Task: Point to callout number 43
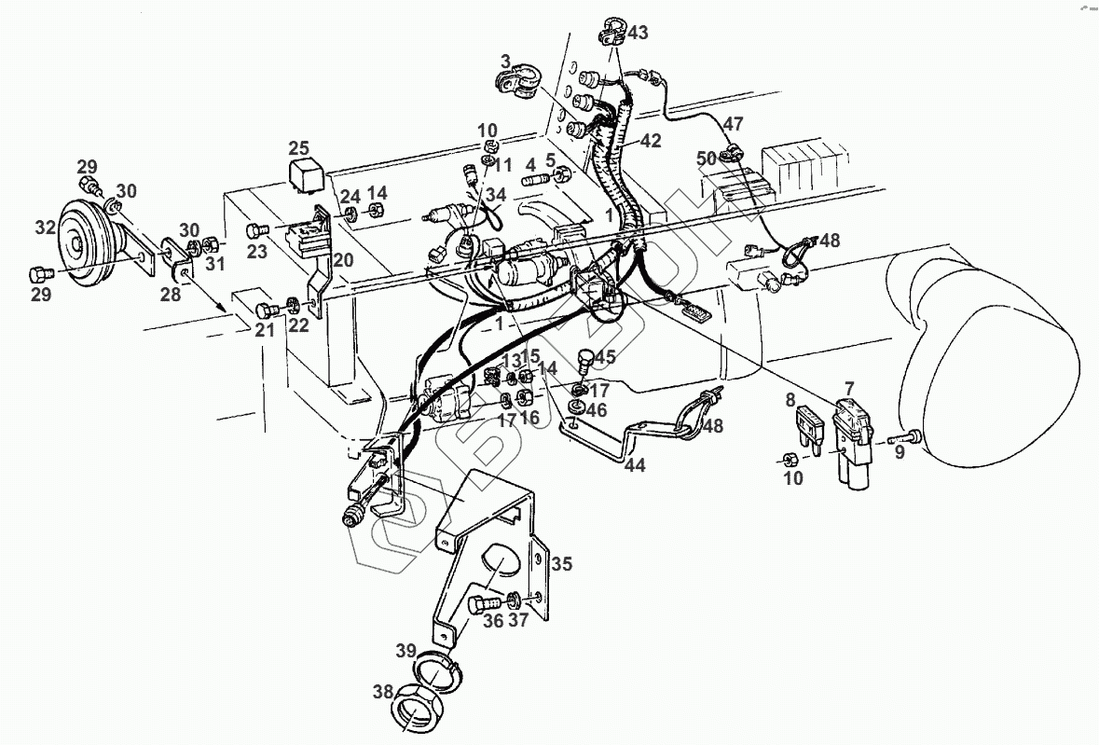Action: (x=638, y=33)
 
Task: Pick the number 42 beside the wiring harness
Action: (x=651, y=142)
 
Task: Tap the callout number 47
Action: (x=734, y=124)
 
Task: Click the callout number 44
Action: (x=634, y=464)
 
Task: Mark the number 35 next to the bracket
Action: (x=561, y=564)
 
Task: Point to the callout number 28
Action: (x=170, y=295)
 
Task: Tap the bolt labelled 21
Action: (x=268, y=309)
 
